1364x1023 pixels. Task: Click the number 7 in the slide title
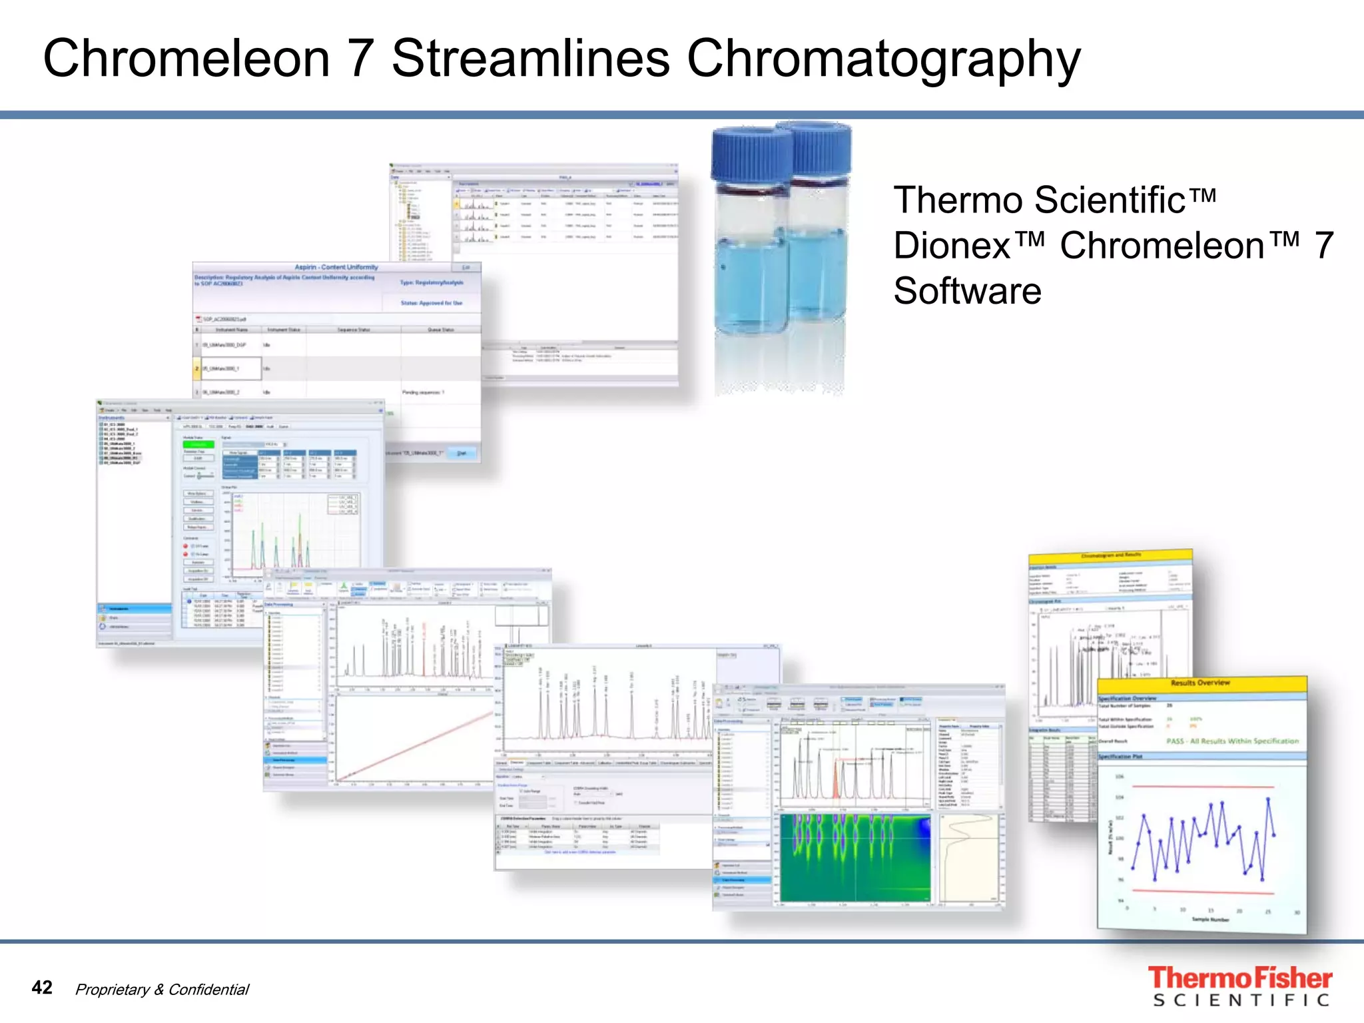(x=360, y=59)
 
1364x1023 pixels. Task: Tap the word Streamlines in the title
(x=530, y=59)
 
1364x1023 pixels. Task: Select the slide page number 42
(x=42, y=987)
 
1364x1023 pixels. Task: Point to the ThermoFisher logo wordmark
(x=1239, y=978)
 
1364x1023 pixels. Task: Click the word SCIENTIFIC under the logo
(x=1241, y=1000)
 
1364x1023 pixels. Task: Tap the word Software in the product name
(x=967, y=291)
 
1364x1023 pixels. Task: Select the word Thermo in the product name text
(x=959, y=200)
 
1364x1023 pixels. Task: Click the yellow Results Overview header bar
(x=1201, y=684)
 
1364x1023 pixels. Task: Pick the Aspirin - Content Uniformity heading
(x=336, y=267)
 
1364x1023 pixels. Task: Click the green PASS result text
(x=1232, y=741)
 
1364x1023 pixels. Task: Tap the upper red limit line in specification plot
(x=1203, y=787)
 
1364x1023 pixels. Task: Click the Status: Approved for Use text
(x=431, y=303)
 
